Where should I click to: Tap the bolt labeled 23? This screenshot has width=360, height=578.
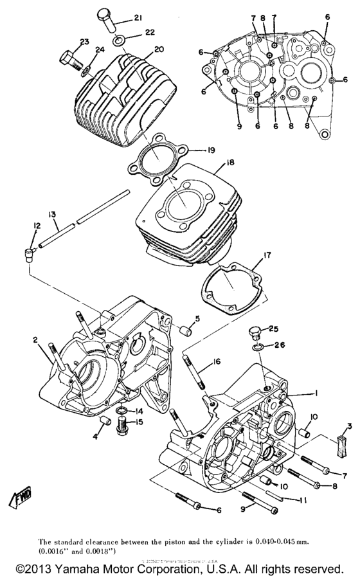coord(69,61)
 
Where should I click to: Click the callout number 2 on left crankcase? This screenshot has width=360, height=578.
coord(37,340)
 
